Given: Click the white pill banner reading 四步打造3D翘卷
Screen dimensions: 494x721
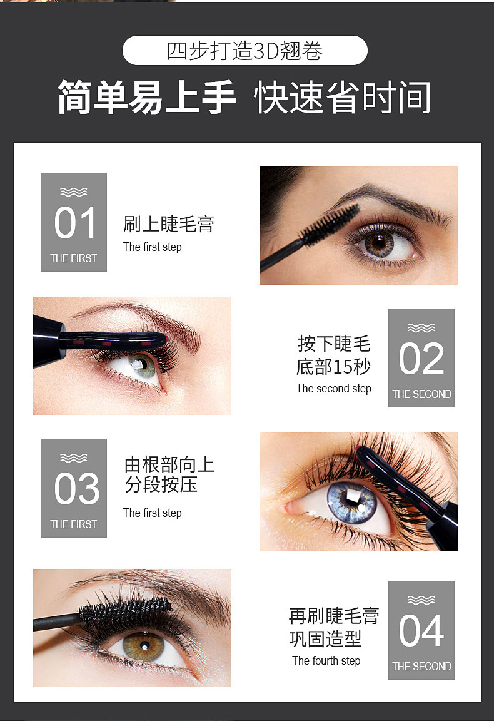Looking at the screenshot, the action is coord(245,50).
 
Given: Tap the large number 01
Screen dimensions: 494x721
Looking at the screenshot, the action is coord(75,223).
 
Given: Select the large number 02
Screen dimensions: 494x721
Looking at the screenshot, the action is coord(421,359).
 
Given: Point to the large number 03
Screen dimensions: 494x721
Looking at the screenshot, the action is coord(76,489).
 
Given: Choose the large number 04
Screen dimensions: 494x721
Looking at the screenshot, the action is coord(421,632).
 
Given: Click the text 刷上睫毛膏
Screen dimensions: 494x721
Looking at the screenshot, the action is coord(169,224).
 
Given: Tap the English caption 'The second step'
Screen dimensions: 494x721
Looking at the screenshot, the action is coord(334,389).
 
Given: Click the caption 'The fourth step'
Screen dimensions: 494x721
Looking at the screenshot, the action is coord(326,661).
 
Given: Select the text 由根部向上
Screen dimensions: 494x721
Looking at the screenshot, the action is coord(169,465).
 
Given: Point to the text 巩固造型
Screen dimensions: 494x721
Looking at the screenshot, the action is coord(325,638).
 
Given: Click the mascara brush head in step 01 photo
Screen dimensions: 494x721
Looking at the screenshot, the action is coord(331,224).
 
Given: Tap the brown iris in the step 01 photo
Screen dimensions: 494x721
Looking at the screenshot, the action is coord(380,243).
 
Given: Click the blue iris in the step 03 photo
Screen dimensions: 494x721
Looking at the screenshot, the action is coord(351,502).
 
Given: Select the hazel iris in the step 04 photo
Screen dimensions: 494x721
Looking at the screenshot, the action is coord(143,646).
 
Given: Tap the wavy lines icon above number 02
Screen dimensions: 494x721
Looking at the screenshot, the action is coord(421,327).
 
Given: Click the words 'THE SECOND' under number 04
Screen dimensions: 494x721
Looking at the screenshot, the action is coord(421,667).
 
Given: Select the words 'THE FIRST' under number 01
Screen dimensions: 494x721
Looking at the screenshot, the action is coord(74,258).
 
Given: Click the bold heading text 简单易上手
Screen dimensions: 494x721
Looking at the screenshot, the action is coord(146,98).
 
